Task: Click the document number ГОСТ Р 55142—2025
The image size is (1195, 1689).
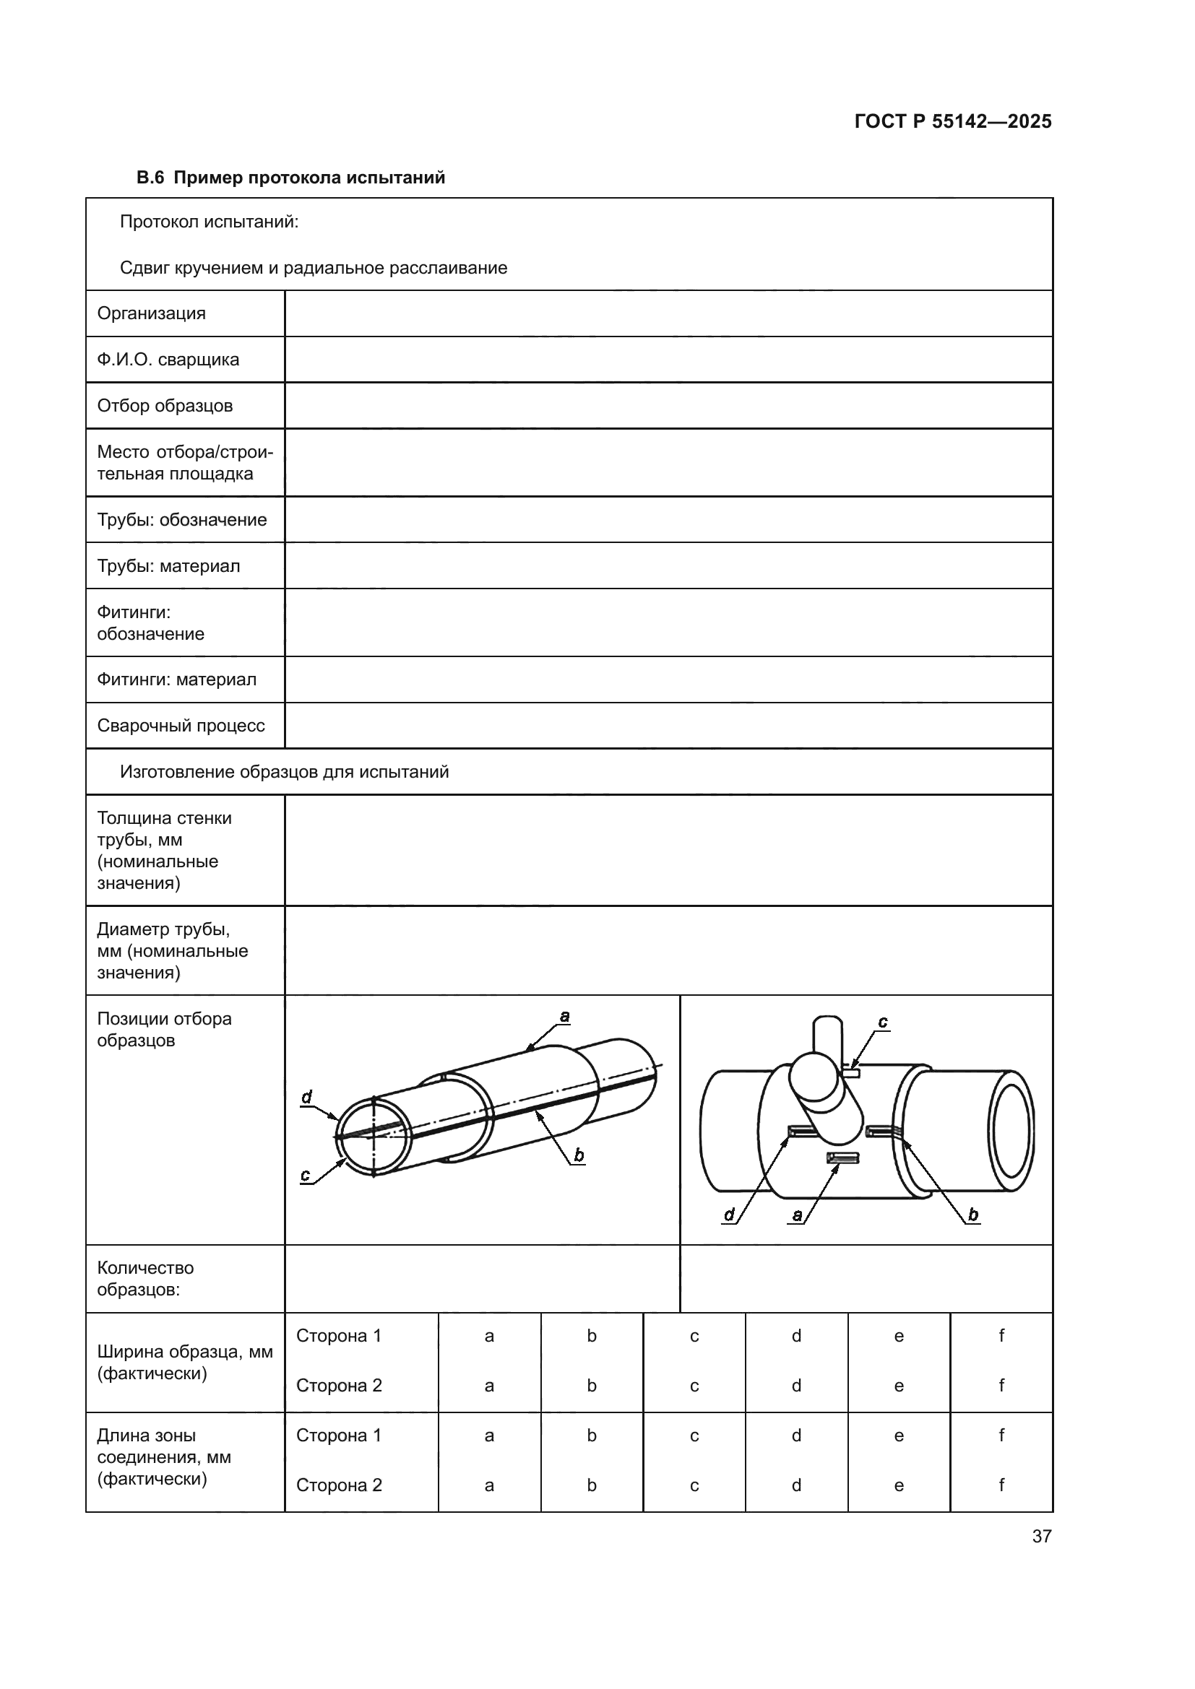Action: pos(952,121)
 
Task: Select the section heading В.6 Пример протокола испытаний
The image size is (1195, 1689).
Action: pos(290,178)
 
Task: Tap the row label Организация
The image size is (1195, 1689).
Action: pos(152,313)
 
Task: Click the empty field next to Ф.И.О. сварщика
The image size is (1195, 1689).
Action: pos(668,360)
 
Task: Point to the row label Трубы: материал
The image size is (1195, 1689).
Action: pos(168,565)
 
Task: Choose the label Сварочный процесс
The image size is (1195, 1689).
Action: pos(181,725)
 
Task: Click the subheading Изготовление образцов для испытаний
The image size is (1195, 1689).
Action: pos(284,772)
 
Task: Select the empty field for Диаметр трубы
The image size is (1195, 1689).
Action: pos(668,950)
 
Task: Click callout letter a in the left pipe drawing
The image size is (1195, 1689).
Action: pos(564,1017)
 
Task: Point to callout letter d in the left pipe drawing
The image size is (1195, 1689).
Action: pos(307,1097)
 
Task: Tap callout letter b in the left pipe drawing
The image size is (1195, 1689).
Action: pos(579,1155)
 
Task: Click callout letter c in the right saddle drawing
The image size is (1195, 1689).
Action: pos(882,1022)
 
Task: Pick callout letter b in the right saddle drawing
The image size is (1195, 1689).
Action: pos(972,1215)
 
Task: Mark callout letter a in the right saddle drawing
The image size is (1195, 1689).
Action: pos(797,1215)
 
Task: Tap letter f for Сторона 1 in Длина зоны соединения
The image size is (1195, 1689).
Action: pos(1001,1435)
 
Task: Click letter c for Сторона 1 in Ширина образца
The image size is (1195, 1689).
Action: pos(694,1336)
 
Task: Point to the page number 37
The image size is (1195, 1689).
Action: pos(1041,1536)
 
